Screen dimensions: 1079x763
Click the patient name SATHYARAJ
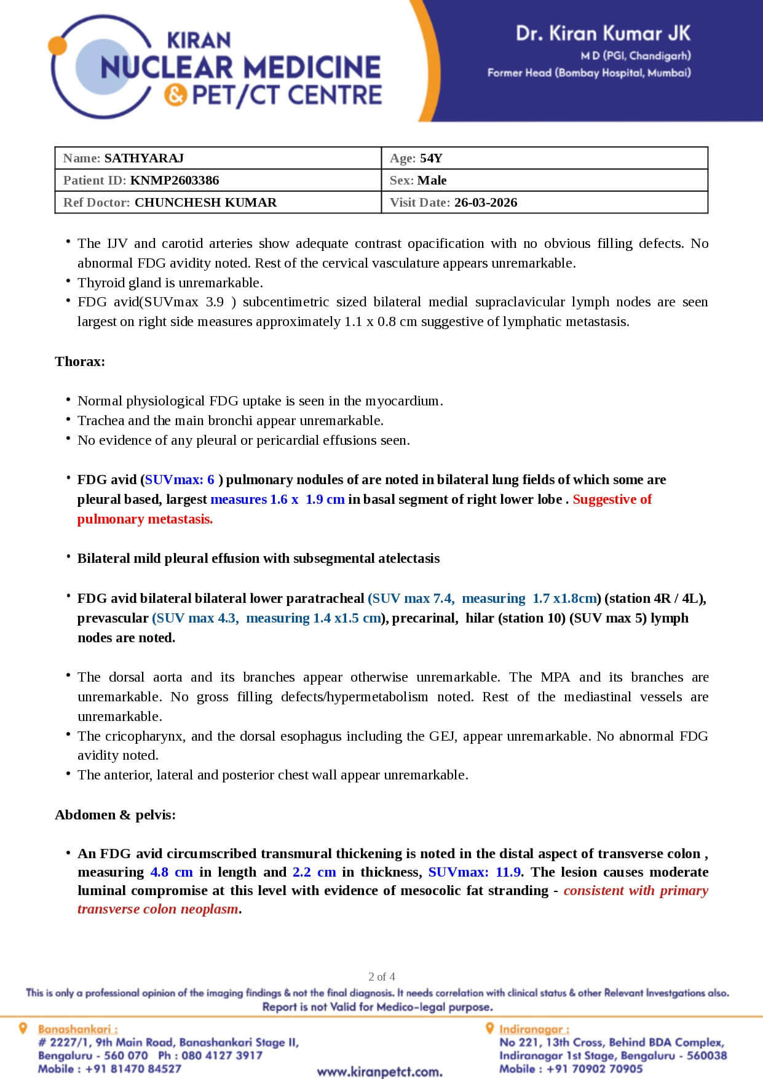pyautogui.click(x=144, y=158)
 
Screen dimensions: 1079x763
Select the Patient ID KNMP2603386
pyautogui.click(x=175, y=180)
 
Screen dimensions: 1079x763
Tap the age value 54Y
pyautogui.click(x=431, y=158)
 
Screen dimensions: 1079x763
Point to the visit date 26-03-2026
pyautogui.click(x=486, y=202)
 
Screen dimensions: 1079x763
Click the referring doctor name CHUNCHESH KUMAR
pyautogui.click(x=205, y=202)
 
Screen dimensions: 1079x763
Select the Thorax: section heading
pyautogui.click(x=80, y=361)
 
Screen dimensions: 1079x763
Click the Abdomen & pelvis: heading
pyautogui.click(x=115, y=814)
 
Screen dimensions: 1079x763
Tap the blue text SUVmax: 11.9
pyautogui.click(x=475, y=872)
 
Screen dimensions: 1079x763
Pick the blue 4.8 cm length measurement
pyautogui.click(x=172, y=872)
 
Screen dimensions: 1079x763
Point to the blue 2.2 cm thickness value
pyautogui.click(x=314, y=872)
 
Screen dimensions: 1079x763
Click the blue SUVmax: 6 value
pyautogui.click(x=180, y=480)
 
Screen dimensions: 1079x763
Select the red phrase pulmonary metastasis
pyautogui.click(x=145, y=519)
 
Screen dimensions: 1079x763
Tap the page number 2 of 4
pyautogui.click(x=382, y=976)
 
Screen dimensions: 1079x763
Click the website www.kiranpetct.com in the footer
pyautogui.click(x=380, y=1072)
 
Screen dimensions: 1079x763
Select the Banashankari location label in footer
pyautogui.click(x=77, y=1029)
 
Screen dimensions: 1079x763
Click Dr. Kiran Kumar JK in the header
pyautogui.click(x=603, y=33)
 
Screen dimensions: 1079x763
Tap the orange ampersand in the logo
pyautogui.click(x=176, y=95)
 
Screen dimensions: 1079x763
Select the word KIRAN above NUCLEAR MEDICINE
pyautogui.click(x=199, y=41)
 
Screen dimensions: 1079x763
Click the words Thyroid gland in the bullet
pyautogui.click(x=116, y=283)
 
